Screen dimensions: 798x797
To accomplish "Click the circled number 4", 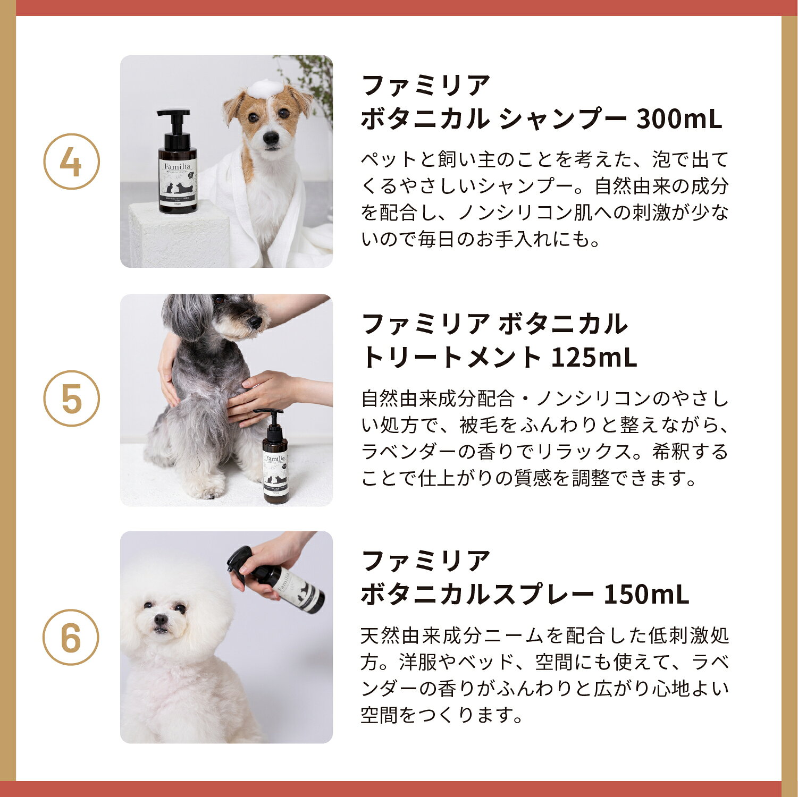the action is pyautogui.click(x=71, y=162).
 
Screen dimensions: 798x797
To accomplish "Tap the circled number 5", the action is pyautogui.click(x=71, y=398).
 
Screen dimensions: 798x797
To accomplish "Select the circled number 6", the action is pyautogui.click(x=71, y=637).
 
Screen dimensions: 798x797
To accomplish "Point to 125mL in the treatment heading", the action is pyautogui.click(x=593, y=357).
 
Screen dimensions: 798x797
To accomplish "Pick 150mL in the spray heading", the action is pyautogui.click(x=646, y=595).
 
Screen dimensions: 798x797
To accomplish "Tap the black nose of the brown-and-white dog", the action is pyautogui.click(x=271, y=138).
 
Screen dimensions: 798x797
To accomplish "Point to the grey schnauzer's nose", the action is pyautogui.click(x=255, y=321).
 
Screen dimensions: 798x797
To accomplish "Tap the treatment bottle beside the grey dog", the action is pyautogui.click(x=275, y=456).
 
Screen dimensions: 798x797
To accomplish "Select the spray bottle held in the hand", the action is pyautogui.click(x=277, y=580).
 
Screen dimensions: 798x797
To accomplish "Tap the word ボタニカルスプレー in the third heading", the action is pyautogui.click(x=477, y=595).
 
